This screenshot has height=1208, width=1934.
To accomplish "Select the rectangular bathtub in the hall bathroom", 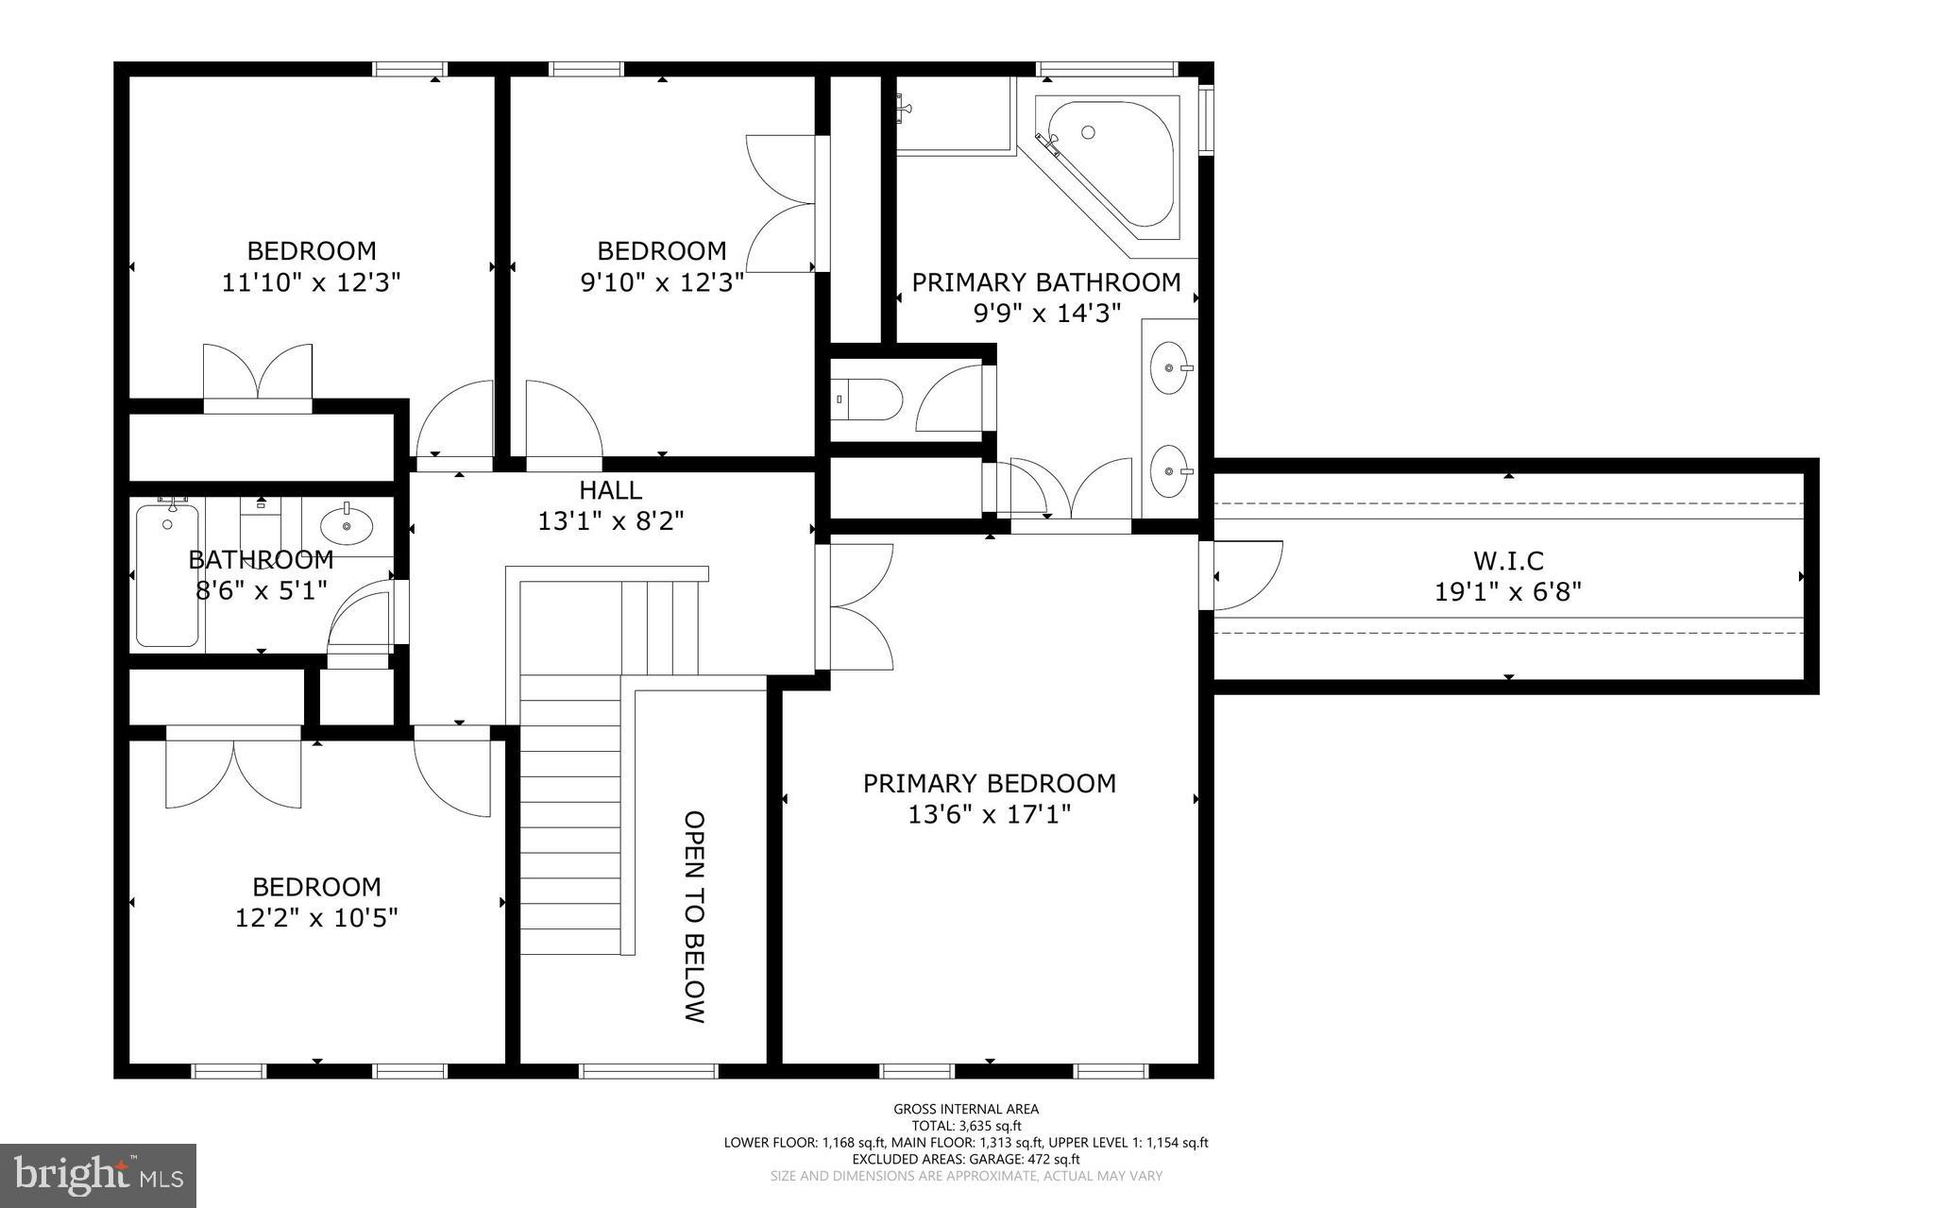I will click(167, 576).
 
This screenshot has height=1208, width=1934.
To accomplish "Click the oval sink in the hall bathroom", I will click(347, 525).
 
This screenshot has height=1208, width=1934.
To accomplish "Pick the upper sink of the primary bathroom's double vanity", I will click(1170, 367).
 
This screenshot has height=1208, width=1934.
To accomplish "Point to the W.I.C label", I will click(1508, 561).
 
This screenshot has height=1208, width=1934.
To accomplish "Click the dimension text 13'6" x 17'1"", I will click(989, 814).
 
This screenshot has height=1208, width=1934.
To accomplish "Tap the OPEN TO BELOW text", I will click(695, 916).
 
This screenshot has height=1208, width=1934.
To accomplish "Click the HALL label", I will click(610, 490).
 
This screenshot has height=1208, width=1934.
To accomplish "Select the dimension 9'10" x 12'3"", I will click(661, 282).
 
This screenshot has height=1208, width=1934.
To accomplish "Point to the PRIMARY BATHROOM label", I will click(1045, 282).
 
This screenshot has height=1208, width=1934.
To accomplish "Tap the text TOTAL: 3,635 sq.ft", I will click(965, 1126).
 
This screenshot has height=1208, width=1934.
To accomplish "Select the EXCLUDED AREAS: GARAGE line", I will click(965, 1159).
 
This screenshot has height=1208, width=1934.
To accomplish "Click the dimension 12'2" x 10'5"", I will click(316, 917).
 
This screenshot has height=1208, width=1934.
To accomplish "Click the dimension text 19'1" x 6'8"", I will click(1508, 592).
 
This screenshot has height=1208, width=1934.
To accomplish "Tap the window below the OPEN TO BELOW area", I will click(648, 1070).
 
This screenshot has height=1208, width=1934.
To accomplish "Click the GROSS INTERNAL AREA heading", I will click(965, 1109).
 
